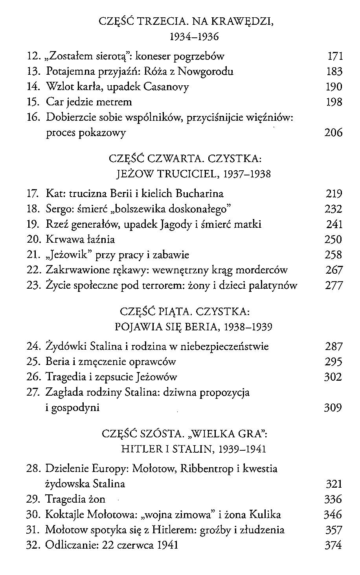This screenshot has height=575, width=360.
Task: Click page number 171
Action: (x=335, y=56)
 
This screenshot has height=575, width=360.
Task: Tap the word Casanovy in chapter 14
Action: (x=166, y=87)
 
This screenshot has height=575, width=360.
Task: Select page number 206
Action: (x=333, y=133)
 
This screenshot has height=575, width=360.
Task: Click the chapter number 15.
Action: (x=33, y=102)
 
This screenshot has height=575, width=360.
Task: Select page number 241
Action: (x=334, y=224)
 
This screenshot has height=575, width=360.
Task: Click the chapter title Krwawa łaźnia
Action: (x=81, y=240)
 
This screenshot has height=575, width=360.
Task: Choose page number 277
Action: (x=334, y=286)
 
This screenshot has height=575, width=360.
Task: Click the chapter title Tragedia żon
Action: (x=75, y=499)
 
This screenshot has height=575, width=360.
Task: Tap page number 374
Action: (x=333, y=546)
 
